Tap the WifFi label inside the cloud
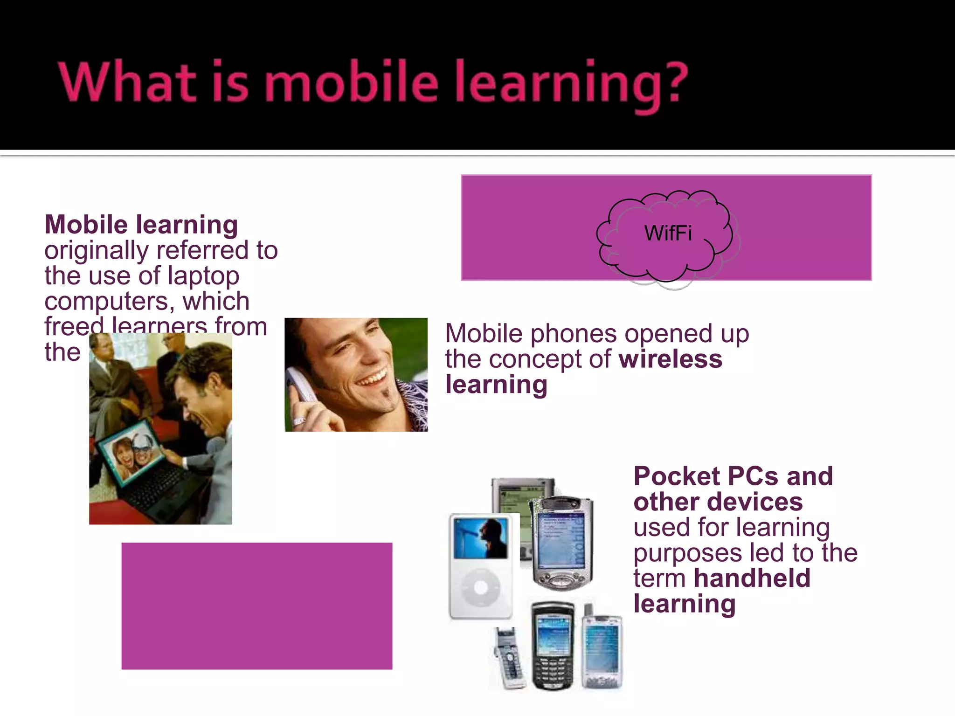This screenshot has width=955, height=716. click(x=668, y=233)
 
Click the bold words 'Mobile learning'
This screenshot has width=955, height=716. click(x=141, y=225)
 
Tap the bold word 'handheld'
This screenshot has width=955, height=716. click(x=752, y=578)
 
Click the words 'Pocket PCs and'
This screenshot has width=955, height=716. click(x=733, y=476)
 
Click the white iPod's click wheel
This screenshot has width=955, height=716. click(x=480, y=587)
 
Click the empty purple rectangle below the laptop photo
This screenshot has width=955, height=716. click(x=256, y=606)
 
